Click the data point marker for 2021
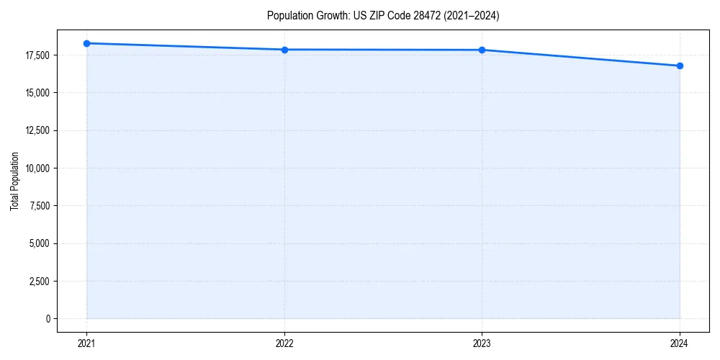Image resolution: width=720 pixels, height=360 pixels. (x=86, y=43)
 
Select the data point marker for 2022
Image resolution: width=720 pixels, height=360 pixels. (x=284, y=50)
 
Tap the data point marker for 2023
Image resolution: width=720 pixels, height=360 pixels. (x=482, y=50)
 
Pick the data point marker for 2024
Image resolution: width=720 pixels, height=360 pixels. (x=680, y=66)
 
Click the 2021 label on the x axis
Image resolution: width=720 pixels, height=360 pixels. (x=86, y=343)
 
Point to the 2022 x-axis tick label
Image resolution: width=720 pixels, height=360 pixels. (x=284, y=343)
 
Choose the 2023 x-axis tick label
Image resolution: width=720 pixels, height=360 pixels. (x=482, y=343)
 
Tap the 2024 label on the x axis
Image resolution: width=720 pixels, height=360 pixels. (x=680, y=343)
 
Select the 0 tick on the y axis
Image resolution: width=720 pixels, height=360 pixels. (x=48, y=318)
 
